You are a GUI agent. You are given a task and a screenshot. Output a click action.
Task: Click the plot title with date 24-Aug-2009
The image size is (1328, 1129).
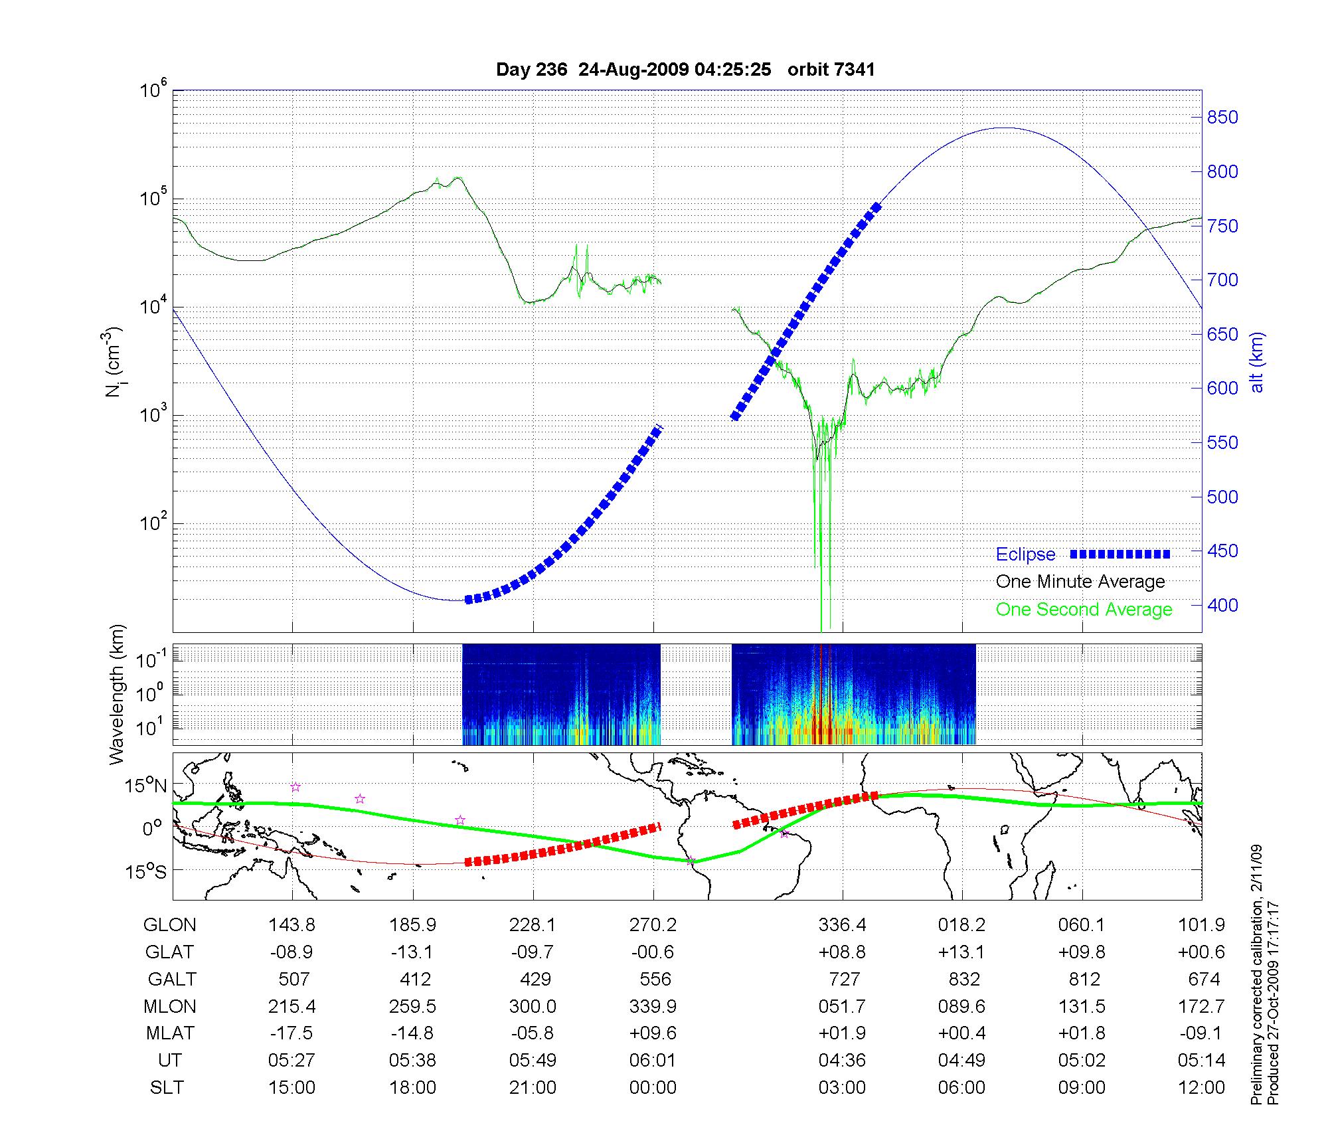pos(685,70)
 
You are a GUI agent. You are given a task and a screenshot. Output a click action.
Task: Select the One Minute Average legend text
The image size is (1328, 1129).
pos(1080,582)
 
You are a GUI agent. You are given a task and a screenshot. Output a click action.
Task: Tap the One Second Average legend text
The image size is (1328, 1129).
pos(1084,610)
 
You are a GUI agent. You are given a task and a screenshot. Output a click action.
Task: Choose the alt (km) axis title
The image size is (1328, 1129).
pos(1258,362)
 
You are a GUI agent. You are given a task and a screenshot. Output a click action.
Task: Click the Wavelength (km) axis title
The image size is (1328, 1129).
pos(117,694)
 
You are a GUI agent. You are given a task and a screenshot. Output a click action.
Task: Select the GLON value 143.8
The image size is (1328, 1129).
pos(291,925)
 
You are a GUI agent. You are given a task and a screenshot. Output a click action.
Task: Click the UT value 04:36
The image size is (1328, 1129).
pos(842,1061)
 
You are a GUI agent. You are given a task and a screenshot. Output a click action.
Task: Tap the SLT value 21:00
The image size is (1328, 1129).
pos(533,1088)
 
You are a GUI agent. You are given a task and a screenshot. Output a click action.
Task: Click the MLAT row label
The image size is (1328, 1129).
pos(170,1033)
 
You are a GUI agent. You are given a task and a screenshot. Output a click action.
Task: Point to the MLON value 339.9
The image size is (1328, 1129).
pos(653,1006)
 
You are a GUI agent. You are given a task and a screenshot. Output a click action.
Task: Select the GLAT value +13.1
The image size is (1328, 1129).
pos(961,952)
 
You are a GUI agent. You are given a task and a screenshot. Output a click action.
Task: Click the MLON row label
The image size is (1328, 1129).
pos(170,1006)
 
